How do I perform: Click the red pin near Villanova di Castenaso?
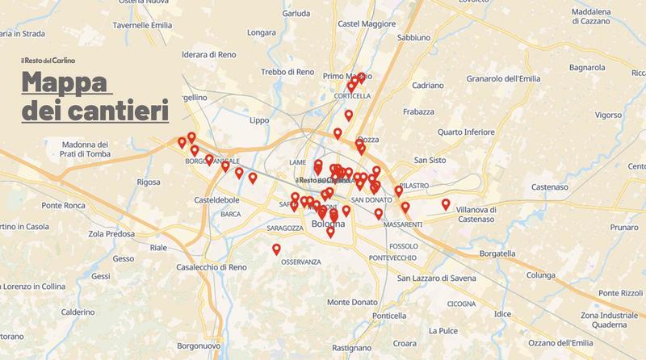click(x=446, y=203)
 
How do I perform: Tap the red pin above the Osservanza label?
click(x=277, y=249)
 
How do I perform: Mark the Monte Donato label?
click(x=356, y=302)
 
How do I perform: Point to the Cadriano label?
click(x=427, y=85)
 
